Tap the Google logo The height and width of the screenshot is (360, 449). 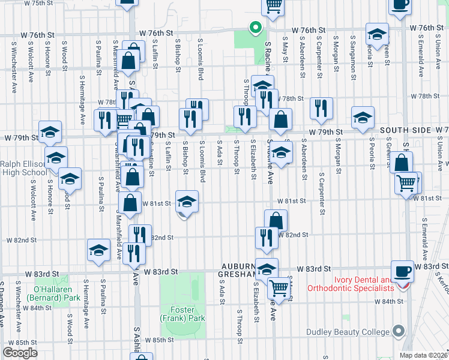[x=19, y=353]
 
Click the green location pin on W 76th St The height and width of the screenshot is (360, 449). [x=255, y=28]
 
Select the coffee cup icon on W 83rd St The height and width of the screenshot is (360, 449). [x=402, y=271]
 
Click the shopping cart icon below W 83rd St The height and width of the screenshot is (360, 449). [x=277, y=289]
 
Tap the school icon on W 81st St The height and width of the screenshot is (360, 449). [x=187, y=202]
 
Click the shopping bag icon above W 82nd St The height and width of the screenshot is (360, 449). [x=276, y=221]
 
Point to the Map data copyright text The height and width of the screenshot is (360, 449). [x=423, y=355]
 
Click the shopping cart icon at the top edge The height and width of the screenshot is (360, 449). [x=273, y=6]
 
